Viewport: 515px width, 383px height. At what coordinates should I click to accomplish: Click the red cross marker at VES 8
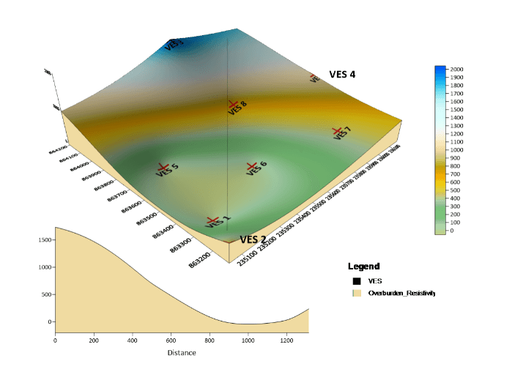(x=232, y=105)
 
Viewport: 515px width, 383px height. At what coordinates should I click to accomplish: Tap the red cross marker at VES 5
(x=163, y=167)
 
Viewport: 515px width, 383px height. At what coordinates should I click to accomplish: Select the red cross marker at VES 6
(x=252, y=166)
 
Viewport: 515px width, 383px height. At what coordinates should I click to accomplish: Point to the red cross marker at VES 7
(x=338, y=131)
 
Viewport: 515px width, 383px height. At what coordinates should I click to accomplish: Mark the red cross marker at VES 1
(x=212, y=220)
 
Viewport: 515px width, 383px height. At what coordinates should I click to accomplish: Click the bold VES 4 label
(x=342, y=74)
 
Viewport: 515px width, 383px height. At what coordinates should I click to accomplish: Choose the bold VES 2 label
(x=253, y=239)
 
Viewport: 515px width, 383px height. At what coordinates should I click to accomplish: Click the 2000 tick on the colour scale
(x=456, y=69)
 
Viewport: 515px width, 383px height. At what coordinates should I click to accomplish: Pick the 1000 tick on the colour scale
(x=456, y=149)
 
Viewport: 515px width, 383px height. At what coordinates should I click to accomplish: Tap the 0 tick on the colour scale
(x=453, y=231)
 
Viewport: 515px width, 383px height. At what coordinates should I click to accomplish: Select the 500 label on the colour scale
(x=456, y=190)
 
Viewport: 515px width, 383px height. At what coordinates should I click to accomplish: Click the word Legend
(x=363, y=266)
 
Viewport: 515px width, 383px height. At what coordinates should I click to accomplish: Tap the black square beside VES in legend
(x=357, y=280)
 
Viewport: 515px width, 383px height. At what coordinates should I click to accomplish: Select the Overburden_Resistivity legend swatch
(x=357, y=293)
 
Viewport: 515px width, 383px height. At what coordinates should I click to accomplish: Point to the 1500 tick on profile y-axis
(x=44, y=239)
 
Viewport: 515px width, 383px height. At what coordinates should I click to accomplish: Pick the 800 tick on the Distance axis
(x=210, y=340)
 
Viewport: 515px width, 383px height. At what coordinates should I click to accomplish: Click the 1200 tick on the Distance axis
(x=286, y=340)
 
